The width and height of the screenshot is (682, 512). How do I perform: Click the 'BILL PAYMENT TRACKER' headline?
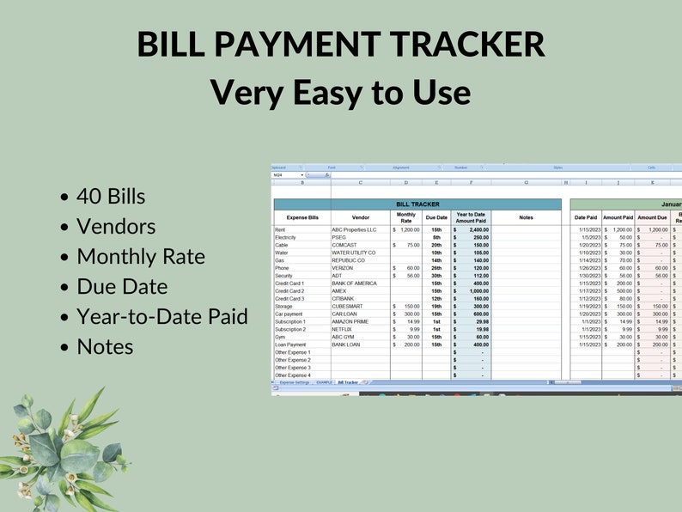(340, 45)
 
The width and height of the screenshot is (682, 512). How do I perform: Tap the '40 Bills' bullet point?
(110, 197)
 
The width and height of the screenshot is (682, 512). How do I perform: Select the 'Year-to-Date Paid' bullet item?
(161, 316)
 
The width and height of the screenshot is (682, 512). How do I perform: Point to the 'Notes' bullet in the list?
(105, 346)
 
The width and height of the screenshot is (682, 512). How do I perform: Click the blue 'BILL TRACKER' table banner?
(417, 204)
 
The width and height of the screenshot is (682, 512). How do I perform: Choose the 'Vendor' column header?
(360, 218)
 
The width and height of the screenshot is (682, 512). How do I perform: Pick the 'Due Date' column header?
(436, 218)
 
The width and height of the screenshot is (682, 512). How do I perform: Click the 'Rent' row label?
(280, 230)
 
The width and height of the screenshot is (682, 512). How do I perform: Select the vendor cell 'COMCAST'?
(344, 245)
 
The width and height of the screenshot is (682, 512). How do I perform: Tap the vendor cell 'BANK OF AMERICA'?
(356, 283)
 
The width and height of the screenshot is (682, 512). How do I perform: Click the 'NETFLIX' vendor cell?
(343, 328)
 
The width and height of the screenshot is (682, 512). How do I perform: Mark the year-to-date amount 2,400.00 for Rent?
(475, 230)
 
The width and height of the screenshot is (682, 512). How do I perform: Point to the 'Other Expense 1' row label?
(293, 352)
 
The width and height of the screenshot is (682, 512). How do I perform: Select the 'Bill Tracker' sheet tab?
(348, 382)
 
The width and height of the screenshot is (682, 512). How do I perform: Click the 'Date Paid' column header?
(586, 218)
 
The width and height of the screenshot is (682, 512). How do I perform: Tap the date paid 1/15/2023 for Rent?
(587, 230)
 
